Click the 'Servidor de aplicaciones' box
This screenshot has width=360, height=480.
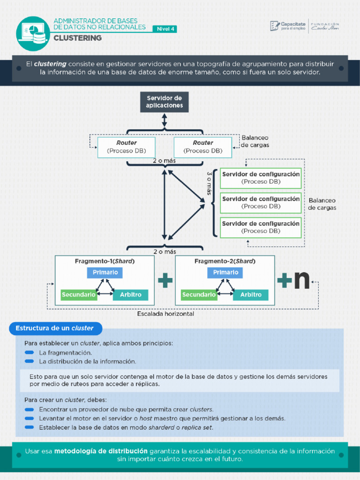point(164,102)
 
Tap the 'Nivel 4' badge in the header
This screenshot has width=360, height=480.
point(165,29)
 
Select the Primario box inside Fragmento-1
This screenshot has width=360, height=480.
point(105,272)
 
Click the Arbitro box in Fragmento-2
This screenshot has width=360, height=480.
point(251,295)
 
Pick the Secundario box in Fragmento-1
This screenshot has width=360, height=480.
point(79,295)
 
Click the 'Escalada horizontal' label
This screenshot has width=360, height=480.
point(165,314)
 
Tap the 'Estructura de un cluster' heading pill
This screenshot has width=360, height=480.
point(55,328)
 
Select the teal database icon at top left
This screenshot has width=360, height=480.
point(33,34)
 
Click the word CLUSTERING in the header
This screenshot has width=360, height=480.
point(77,38)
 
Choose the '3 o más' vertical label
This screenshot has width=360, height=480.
point(210,183)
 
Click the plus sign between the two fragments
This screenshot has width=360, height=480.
point(165,281)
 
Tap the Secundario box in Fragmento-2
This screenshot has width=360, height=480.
point(199,295)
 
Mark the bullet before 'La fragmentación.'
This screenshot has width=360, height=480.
point(30,352)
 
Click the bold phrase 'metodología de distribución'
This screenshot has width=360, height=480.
point(101,451)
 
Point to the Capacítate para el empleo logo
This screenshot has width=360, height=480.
point(288,26)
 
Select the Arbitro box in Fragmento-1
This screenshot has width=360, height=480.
point(131,295)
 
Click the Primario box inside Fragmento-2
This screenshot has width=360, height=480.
point(225,272)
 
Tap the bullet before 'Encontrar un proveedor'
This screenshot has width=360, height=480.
point(30,409)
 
